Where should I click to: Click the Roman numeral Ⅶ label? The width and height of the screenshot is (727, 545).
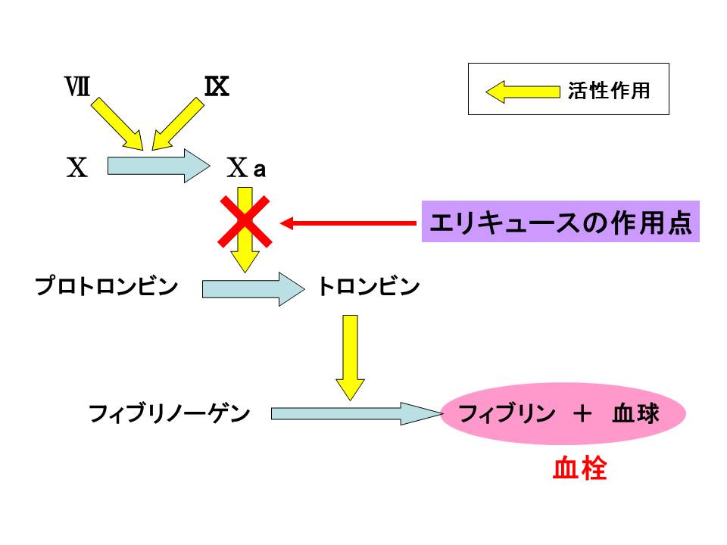(x=77, y=87)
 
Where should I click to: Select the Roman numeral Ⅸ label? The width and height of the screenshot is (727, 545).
(x=217, y=87)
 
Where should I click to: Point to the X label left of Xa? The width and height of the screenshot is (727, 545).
(x=76, y=167)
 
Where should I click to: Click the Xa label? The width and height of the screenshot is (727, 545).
(x=247, y=168)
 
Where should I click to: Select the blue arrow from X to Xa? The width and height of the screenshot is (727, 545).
(x=158, y=165)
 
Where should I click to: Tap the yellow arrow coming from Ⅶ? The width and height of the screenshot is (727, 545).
(x=117, y=123)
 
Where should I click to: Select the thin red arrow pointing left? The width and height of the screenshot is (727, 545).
(x=348, y=223)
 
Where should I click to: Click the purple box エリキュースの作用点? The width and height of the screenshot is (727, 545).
(x=560, y=223)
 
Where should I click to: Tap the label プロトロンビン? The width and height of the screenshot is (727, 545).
(x=107, y=288)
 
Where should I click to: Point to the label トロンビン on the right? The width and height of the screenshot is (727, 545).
(x=368, y=288)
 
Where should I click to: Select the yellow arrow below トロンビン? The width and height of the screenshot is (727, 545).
(x=350, y=356)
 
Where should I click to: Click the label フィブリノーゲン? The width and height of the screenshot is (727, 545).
(x=169, y=413)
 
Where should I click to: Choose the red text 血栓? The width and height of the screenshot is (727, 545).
(x=579, y=469)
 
